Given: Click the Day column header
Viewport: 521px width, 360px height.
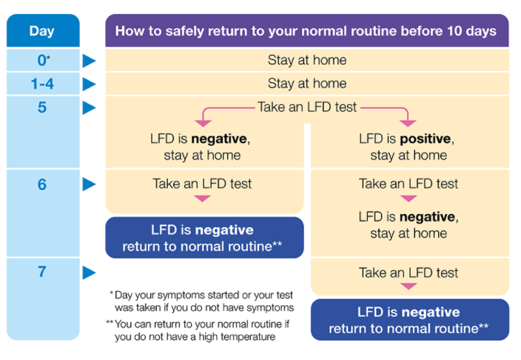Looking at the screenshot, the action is [x=42, y=31].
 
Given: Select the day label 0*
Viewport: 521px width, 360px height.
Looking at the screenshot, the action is [x=44, y=61].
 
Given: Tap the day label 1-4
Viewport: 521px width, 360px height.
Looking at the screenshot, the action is [x=42, y=84].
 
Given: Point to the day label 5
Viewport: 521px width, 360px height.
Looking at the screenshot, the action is [x=42, y=107].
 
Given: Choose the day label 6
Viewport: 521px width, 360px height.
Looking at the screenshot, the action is [x=42, y=184].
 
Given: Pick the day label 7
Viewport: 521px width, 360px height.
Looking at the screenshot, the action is [x=42, y=272].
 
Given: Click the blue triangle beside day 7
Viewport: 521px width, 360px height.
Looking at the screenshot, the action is [x=89, y=273].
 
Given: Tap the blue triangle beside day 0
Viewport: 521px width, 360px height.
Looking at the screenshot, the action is [x=89, y=61].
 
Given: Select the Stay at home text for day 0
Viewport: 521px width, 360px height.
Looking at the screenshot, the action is [x=307, y=60].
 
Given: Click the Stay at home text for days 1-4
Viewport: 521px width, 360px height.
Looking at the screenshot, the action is [x=307, y=84].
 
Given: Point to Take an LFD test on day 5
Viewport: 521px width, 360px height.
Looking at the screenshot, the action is [x=307, y=107].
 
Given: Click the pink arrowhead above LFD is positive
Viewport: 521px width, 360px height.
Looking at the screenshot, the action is [x=408, y=124].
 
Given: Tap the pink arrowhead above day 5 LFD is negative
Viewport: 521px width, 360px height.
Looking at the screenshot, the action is [x=203, y=124].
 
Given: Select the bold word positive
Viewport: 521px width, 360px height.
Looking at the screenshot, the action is [x=425, y=139].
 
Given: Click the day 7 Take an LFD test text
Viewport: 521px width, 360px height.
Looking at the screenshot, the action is [x=409, y=273].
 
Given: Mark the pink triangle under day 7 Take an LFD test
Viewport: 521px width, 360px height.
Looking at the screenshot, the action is [x=409, y=287].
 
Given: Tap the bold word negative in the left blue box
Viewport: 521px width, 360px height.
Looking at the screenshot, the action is [x=224, y=230].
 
